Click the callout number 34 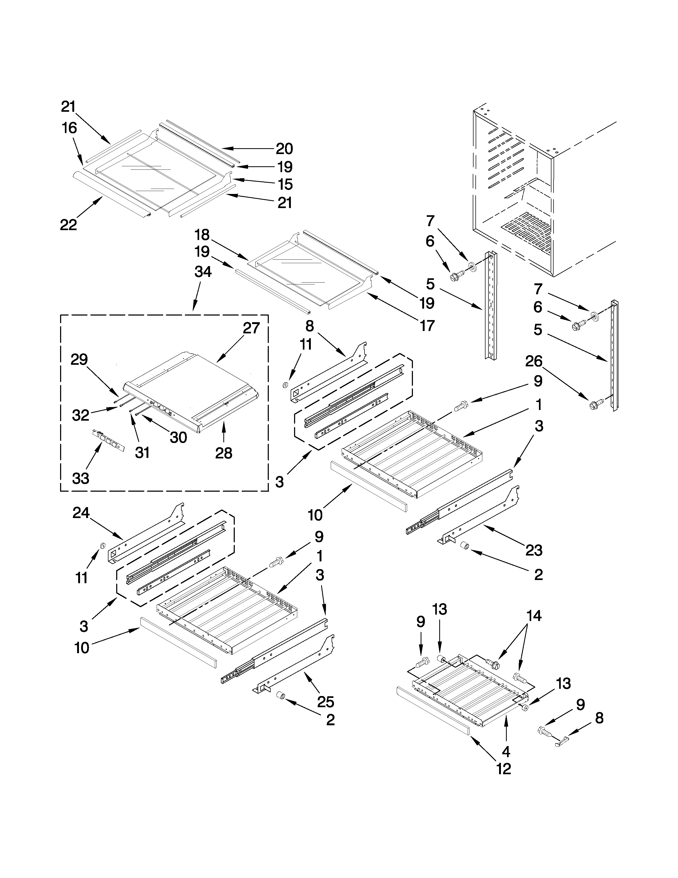pos(203,272)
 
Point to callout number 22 pos(68,225)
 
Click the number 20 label pos(284,149)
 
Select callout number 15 pos(286,185)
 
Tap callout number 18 pos(202,234)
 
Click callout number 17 pos(427,325)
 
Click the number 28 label pos(224,453)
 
